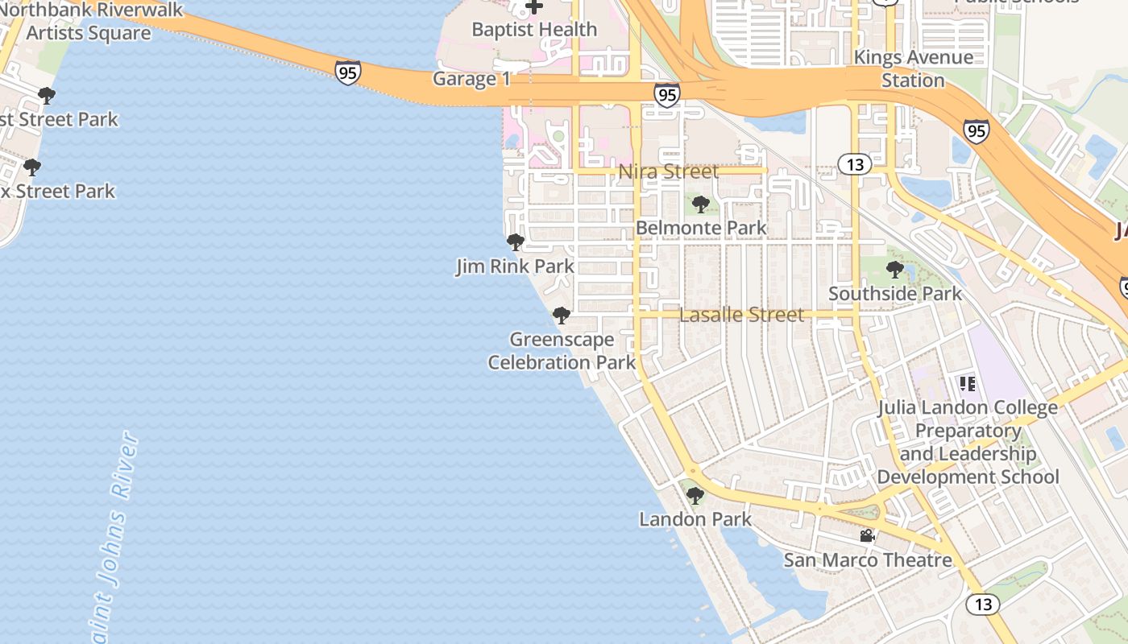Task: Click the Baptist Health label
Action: pyautogui.click(x=534, y=30)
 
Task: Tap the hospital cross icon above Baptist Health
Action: pyautogui.click(x=533, y=7)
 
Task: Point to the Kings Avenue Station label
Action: pyautogui.click(x=913, y=69)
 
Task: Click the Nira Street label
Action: pyautogui.click(x=668, y=171)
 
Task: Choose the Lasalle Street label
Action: pyautogui.click(x=741, y=315)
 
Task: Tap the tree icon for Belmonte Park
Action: pyautogui.click(x=701, y=204)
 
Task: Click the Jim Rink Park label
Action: pyautogui.click(x=515, y=266)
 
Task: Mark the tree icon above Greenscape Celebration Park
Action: pyautogui.click(x=562, y=315)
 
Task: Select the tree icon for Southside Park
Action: pyautogui.click(x=895, y=270)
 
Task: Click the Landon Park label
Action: pyautogui.click(x=695, y=519)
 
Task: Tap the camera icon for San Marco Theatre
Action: pyautogui.click(x=867, y=536)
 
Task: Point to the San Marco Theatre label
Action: pyautogui.click(x=868, y=560)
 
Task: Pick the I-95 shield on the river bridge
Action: pyautogui.click(x=348, y=72)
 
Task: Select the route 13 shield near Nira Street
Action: pyautogui.click(x=855, y=165)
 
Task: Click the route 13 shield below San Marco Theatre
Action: pyautogui.click(x=983, y=604)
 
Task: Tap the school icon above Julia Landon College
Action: pyautogui.click(x=967, y=384)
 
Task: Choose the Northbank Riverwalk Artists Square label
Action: pyautogui.click(x=89, y=22)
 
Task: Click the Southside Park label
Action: pyautogui.click(x=895, y=294)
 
